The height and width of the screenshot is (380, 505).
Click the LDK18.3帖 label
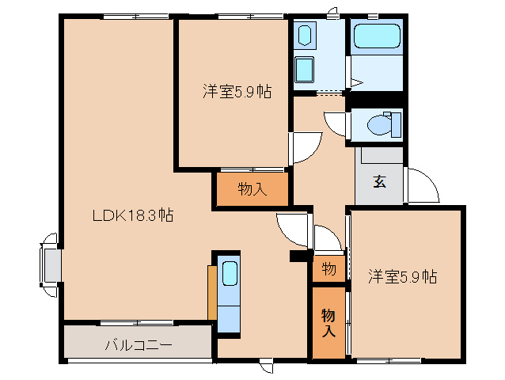[133, 215]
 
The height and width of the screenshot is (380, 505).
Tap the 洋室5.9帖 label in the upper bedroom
[236, 92]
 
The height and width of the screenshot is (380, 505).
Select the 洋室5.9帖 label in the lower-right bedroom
[402, 277]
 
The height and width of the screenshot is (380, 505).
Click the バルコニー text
[139, 345]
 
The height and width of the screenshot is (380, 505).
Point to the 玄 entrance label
[379, 180]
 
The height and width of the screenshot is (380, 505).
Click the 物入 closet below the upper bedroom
[251, 190]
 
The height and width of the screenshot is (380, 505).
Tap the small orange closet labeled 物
[328, 269]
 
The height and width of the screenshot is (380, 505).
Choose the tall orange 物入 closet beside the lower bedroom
[328, 322]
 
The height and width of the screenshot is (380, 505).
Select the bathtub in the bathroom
[378, 36]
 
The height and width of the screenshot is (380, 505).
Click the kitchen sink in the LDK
[230, 274]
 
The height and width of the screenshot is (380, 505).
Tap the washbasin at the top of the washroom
[305, 35]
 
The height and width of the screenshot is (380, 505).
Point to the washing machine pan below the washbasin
[305, 69]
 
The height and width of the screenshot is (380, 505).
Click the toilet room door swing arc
[336, 125]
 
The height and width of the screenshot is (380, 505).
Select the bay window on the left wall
[50, 264]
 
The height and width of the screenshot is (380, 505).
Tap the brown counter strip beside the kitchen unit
[211, 292]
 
